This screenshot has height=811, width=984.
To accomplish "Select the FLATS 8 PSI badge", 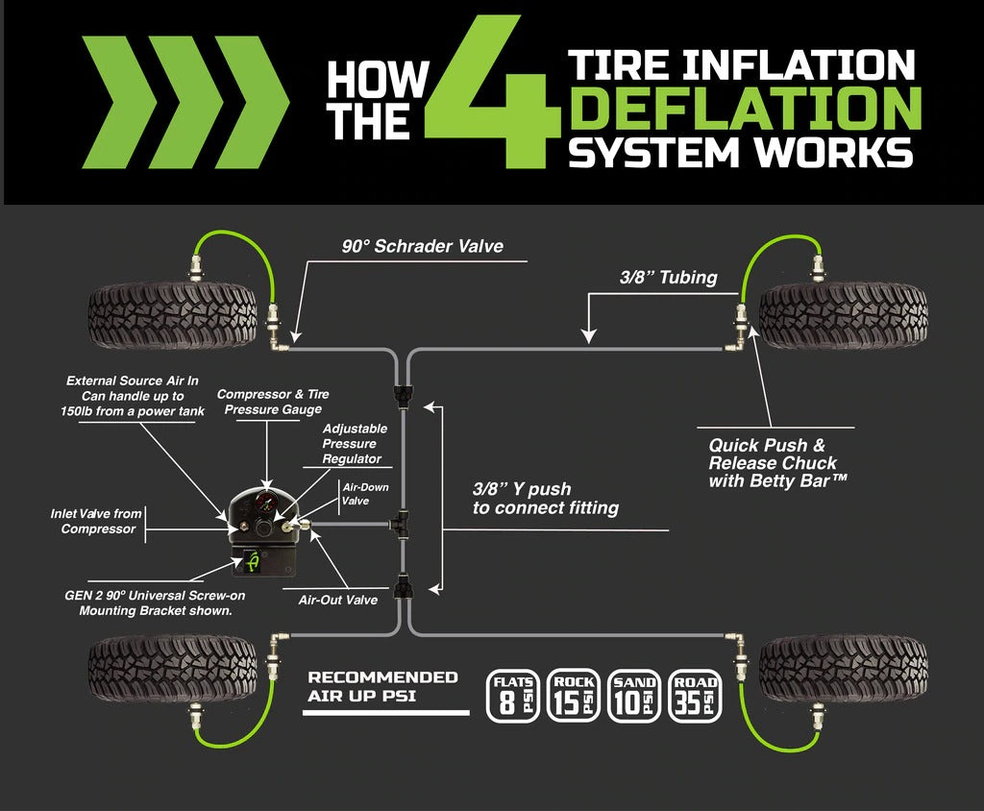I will (513, 695).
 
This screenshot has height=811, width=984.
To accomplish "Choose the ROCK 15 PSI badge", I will (574, 695).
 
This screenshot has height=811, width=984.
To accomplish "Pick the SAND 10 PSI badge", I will (634, 695).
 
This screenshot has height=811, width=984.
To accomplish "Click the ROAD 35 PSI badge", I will (695, 695).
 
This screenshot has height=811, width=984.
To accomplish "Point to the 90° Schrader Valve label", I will (423, 247).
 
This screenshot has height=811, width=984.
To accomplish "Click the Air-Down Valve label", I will (365, 493).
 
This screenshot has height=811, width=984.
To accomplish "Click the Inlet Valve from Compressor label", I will (93, 522).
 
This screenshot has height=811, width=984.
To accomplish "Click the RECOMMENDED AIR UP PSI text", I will (382, 686).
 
